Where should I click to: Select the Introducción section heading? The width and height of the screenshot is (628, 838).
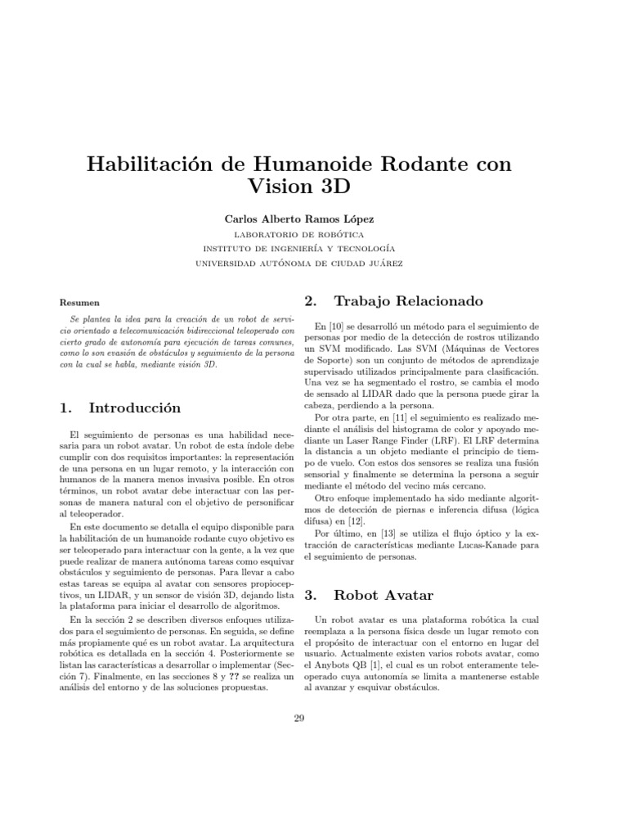[x=134, y=408]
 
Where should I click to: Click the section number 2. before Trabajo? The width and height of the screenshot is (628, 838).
[x=311, y=301]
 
